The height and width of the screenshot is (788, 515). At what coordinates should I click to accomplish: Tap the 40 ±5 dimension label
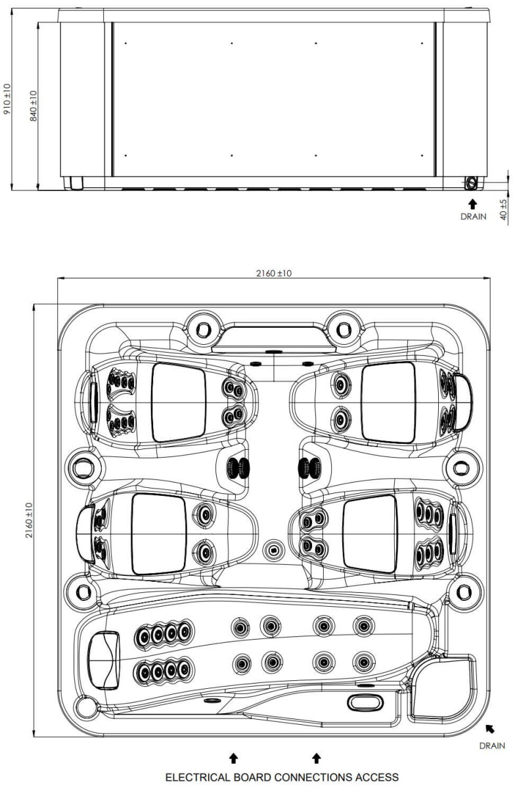(503, 193)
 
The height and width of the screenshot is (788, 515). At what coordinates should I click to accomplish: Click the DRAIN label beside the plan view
(493, 745)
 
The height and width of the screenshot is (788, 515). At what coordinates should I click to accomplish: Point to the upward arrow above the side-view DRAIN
(472, 186)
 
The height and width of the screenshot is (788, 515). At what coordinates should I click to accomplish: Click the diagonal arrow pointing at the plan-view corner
(489, 729)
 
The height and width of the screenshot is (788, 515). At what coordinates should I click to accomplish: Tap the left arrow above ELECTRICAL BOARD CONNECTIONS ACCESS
(233, 758)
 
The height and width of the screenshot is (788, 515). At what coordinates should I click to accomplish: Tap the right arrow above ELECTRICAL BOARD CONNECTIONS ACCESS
(316, 758)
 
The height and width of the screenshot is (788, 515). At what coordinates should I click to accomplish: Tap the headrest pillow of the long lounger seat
(104, 659)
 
